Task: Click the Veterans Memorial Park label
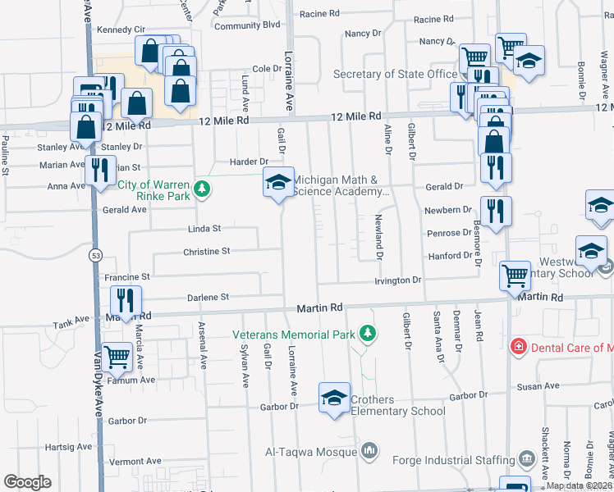point(294,335)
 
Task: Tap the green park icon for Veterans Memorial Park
point(369,334)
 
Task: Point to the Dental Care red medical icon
point(518,347)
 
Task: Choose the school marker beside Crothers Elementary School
point(334,399)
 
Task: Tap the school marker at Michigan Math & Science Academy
point(278,184)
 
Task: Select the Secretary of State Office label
point(395,75)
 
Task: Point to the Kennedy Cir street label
point(121,30)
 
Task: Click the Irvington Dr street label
point(397,280)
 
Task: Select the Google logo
point(27,482)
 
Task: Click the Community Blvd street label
point(248,26)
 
